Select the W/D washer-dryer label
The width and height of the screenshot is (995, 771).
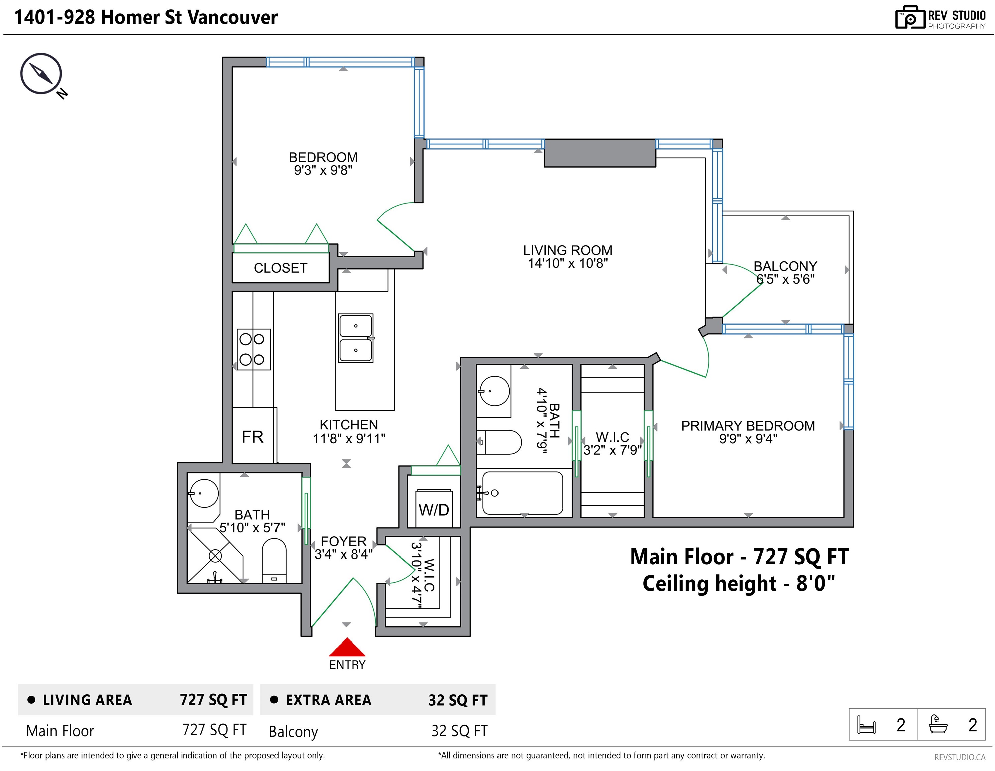(434, 510)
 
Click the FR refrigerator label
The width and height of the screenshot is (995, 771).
(252, 437)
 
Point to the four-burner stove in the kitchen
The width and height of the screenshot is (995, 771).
(254, 349)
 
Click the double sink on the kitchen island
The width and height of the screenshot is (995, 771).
(356, 338)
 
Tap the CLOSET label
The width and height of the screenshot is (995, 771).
(281, 268)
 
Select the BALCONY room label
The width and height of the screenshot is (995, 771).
(785, 266)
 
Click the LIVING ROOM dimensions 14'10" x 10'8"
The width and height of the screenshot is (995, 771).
(568, 264)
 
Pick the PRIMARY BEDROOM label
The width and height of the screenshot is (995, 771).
(748, 426)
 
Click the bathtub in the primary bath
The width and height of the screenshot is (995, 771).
(523, 493)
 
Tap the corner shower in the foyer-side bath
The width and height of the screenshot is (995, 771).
(215, 555)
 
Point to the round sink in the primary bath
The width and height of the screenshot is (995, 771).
(494, 391)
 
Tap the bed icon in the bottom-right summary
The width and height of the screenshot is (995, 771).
(866, 724)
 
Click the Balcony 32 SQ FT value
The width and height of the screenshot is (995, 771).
(459, 731)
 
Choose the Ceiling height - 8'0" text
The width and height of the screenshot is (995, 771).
(739, 584)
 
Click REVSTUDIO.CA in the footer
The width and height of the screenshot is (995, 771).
(960, 757)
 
